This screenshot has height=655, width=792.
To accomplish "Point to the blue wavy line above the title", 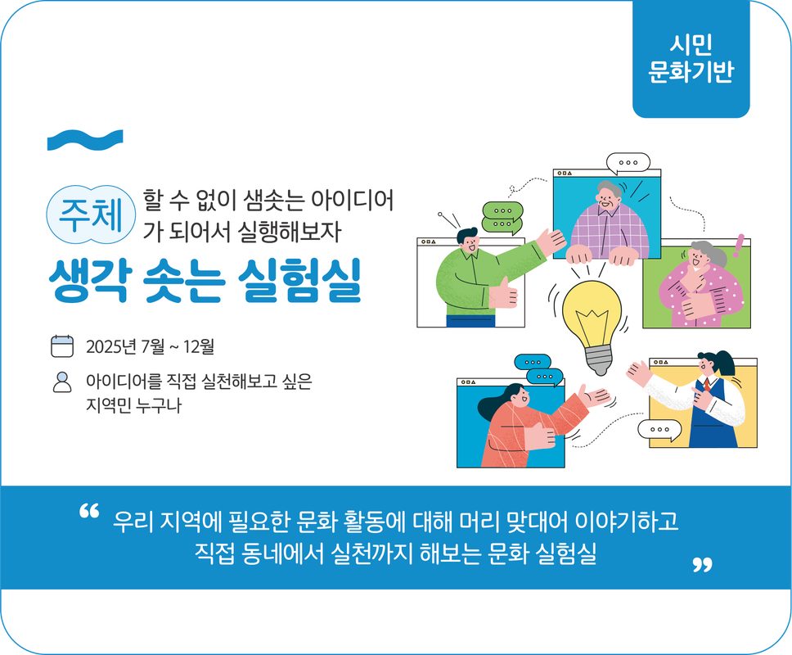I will (85, 140).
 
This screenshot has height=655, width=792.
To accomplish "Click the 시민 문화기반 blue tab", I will (691, 58).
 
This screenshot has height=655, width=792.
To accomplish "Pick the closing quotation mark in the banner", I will (701, 564).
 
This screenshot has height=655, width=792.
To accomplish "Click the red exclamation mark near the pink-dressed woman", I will (740, 243).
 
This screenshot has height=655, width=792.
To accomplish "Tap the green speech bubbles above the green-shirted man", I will (501, 217).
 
